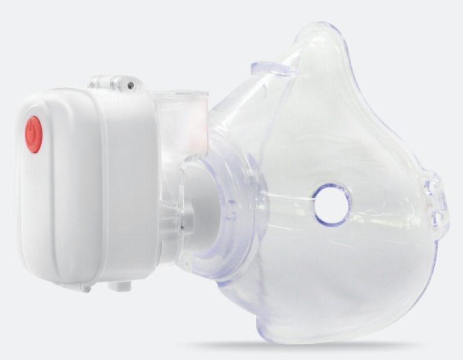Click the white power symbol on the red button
34,133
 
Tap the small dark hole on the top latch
131,86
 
